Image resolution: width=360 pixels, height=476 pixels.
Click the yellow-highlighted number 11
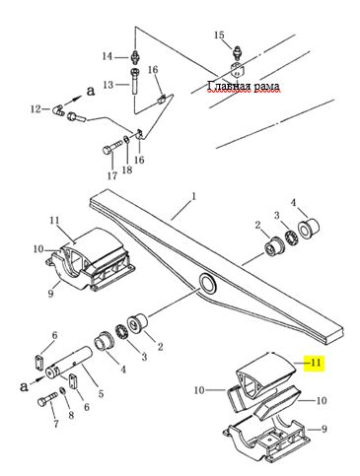[x=316, y=363]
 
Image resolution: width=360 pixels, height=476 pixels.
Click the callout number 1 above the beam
[x=194, y=197]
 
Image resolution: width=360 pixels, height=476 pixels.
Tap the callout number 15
[x=219, y=34]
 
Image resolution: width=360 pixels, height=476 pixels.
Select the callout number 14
[x=108, y=56]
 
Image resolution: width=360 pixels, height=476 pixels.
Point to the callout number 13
[x=108, y=85]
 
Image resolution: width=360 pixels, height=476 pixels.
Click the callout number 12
[x=36, y=108]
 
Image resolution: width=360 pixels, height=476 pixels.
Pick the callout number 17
[x=112, y=175]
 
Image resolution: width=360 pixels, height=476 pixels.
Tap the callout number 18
[x=127, y=170]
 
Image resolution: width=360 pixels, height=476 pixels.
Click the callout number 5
[x=101, y=393]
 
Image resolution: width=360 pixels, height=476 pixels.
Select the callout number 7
[x=56, y=424]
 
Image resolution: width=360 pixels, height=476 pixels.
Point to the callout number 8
[x=71, y=415]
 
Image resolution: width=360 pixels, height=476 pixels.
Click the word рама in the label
[x=266, y=87]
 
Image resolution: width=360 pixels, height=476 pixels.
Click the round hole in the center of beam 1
[x=207, y=283]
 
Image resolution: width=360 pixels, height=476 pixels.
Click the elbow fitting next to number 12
[x=58, y=109]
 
